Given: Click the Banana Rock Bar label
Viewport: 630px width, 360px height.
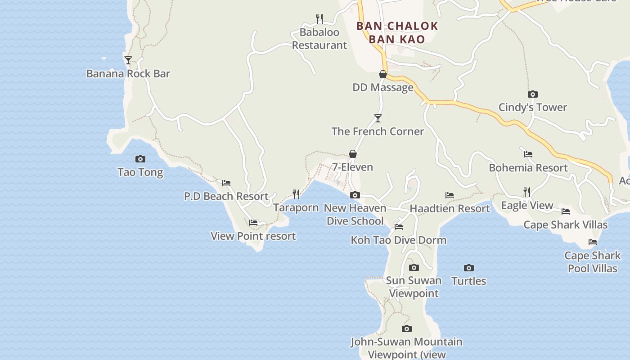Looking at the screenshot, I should [128, 73].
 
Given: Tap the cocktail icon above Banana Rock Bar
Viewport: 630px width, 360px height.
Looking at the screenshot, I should [128, 60].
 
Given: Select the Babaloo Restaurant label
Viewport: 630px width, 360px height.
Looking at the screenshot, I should [319, 39].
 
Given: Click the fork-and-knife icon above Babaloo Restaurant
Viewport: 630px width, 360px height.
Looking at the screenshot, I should [319, 19].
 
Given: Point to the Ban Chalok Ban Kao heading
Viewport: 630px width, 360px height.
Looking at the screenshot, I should [397, 32].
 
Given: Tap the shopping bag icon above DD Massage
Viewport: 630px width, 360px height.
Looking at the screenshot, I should [383, 74].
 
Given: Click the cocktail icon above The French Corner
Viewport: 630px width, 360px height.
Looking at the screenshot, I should [378, 118].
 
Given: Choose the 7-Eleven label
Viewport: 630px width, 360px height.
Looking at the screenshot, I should [353, 167].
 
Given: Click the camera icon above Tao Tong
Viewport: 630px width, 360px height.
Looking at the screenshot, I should [140, 159].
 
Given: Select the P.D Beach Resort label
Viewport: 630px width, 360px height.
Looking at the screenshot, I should [226, 196].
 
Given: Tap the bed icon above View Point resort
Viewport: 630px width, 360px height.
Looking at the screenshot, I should [253, 223].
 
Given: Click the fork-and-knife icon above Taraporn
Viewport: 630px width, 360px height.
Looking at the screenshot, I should [296, 194].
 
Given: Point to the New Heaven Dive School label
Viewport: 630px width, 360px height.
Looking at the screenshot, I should [355, 214].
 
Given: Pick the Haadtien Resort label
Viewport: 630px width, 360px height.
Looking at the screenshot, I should [450, 208].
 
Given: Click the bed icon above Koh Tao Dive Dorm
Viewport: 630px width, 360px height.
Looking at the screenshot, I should [399, 227].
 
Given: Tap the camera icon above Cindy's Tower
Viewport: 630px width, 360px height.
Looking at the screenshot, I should [533, 94].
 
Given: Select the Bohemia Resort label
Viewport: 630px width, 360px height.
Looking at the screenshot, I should [528, 168].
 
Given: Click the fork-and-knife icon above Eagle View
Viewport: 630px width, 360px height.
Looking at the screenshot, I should [527, 192].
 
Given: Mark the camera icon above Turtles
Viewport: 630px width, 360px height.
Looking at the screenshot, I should [469, 268].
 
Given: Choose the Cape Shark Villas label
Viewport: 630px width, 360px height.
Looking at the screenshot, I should [566, 225].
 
